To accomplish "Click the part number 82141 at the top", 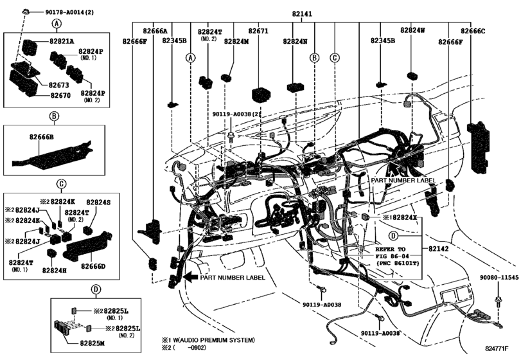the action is (x=302, y=14).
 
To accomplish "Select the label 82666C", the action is (x=472, y=32).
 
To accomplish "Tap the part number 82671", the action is (x=258, y=31).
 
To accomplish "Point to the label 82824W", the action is (x=412, y=30).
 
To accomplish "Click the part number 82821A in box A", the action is (x=62, y=41).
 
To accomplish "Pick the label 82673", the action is (x=59, y=85).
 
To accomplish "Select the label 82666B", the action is (x=41, y=137).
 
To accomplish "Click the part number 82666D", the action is (x=93, y=266).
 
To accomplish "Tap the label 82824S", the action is (x=98, y=203).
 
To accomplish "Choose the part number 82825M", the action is (x=92, y=343).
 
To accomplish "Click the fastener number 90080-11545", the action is (x=499, y=277).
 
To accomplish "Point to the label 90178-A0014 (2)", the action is (x=69, y=12).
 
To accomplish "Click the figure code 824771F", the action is (x=497, y=348).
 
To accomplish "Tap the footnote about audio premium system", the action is (x=208, y=340).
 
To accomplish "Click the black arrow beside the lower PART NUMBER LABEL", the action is (x=191, y=277).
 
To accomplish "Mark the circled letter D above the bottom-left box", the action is (x=96, y=289).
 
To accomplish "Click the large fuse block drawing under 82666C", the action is (x=479, y=147).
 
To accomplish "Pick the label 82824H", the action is (x=55, y=271).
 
